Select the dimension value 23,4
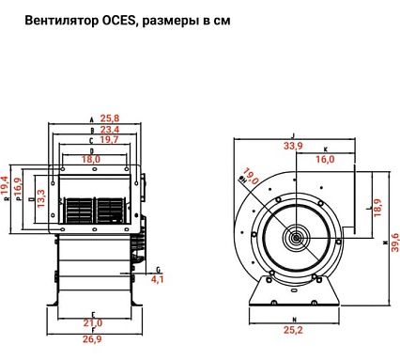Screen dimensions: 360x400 109,130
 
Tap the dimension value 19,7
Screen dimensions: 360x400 109,140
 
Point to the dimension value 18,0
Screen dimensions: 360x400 91,160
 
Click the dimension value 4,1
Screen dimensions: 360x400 157,279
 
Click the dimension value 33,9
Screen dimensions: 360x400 292,146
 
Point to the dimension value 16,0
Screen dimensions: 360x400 325,160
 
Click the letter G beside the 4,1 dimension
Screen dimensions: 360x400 158,269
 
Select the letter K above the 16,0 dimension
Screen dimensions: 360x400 325,149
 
